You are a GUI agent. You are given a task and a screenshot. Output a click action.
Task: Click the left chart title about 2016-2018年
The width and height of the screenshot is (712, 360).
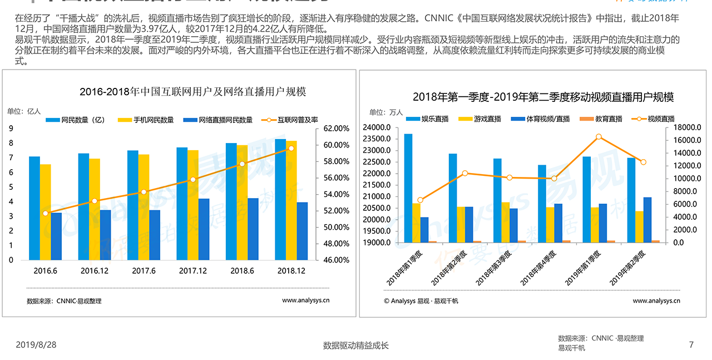point(192,92)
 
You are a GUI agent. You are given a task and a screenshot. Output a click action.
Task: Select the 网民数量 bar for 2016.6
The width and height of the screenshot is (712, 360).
point(34,208)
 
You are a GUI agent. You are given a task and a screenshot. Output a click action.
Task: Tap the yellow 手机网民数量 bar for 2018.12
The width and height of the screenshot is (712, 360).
point(291,200)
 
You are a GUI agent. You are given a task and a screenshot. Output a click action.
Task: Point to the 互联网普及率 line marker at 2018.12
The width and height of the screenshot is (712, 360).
point(291,149)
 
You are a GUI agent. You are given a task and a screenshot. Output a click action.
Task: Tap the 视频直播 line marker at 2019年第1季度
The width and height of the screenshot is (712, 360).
point(599,137)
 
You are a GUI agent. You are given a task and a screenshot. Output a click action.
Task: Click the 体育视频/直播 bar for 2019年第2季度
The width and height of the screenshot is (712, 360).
point(647,220)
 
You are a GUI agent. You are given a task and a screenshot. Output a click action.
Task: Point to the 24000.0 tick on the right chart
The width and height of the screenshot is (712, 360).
point(376,127)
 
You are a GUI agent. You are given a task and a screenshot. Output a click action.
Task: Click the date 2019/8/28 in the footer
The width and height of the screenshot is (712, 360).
point(36,345)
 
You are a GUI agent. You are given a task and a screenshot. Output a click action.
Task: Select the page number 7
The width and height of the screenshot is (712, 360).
point(691,345)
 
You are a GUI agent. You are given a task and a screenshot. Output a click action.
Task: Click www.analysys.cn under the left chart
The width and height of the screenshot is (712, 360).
point(306,300)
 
